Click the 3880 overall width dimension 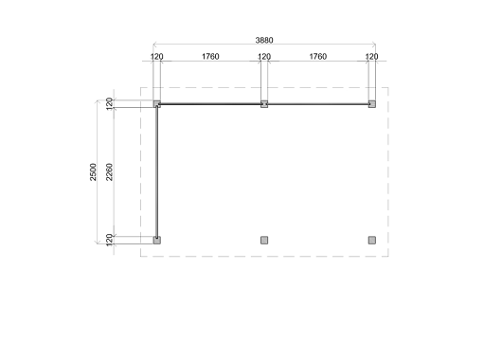tap(265, 41)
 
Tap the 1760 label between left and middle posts tap(210, 57)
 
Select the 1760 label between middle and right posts tap(317, 57)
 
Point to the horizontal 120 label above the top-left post tap(157, 57)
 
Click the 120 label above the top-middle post tap(264, 57)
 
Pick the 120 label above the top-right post tap(371, 57)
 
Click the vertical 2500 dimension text tap(94, 171)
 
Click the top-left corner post tap(157, 104)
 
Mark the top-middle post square tap(264, 104)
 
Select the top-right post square tap(372, 104)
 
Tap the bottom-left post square tap(157, 240)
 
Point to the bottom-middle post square tap(264, 240)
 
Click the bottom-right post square tap(372, 240)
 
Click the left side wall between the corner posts tap(157, 171)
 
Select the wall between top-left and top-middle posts tap(210, 104)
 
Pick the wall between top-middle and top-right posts tap(318, 104)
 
